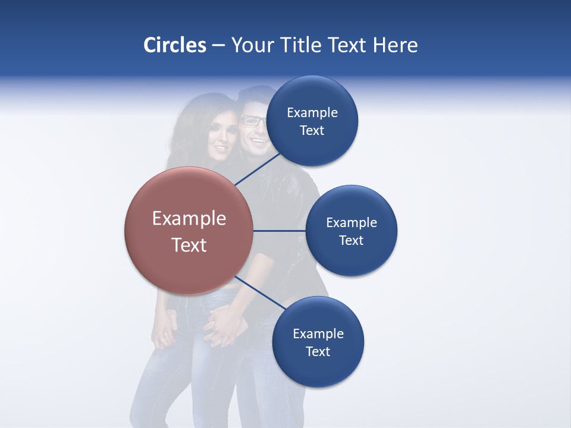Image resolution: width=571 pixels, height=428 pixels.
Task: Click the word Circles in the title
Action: (174, 45)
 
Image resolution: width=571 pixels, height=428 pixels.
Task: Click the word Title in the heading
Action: (300, 45)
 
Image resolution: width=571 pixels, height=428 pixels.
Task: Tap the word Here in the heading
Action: (396, 45)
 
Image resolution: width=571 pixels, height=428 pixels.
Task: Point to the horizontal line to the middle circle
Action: (280, 231)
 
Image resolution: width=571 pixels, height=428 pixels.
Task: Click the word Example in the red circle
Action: (189, 219)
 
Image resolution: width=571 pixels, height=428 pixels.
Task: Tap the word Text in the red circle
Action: (189, 245)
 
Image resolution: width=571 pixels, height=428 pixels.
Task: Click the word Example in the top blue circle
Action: (312, 112)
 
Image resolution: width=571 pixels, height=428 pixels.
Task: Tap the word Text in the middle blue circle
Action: (351, 240)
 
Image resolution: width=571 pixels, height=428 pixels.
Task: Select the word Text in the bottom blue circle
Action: (318, 351)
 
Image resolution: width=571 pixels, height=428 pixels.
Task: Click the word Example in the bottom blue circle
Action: (318, 333)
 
